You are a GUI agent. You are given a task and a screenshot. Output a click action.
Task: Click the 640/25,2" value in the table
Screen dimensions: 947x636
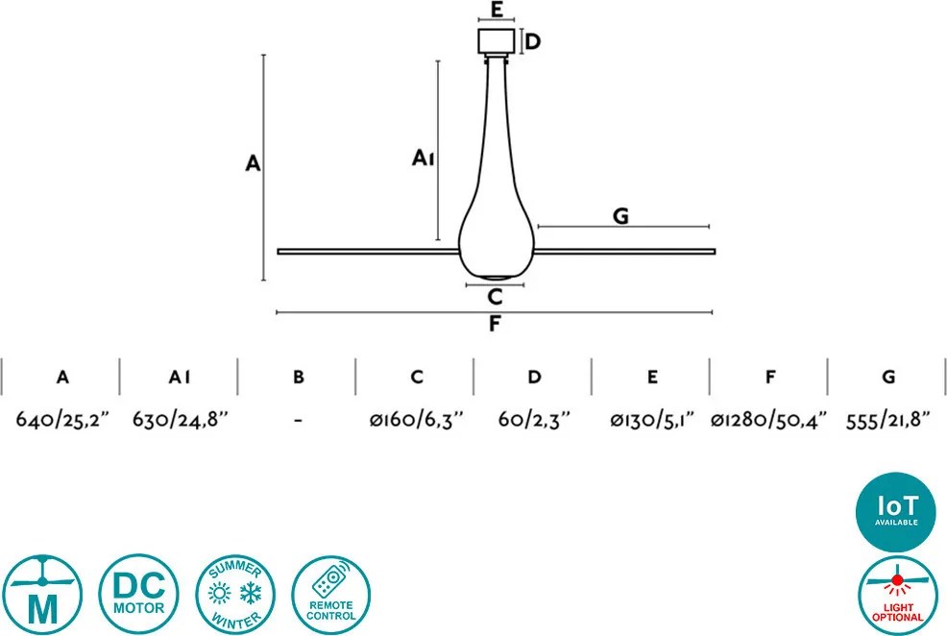coord(62,419)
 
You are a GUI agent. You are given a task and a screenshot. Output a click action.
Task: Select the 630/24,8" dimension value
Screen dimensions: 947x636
coord(181,419)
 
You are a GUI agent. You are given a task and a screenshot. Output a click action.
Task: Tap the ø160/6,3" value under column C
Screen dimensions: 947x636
coord(417,419)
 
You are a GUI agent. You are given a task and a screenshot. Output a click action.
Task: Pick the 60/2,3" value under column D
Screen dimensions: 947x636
coord(535,419)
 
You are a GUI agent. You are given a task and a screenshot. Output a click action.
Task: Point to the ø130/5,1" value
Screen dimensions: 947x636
coord(652,419)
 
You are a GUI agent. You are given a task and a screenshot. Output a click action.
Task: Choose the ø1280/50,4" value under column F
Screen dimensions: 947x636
coord(768,419)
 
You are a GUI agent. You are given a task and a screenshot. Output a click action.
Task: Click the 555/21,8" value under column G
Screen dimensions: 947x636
coord(887,419)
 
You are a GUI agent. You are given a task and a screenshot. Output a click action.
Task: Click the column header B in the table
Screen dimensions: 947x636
coord(299,378)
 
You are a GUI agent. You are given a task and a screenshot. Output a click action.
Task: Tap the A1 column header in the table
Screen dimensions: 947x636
coord(180,378)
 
